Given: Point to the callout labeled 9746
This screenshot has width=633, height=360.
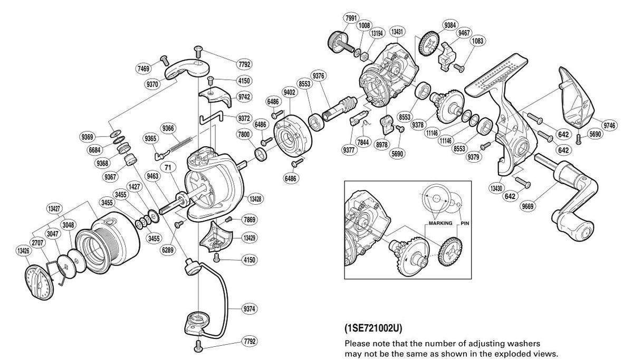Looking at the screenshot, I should coord(609,125).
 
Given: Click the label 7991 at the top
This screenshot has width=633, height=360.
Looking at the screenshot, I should coord(350,17).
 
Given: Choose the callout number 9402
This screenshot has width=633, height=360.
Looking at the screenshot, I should coord(289,92).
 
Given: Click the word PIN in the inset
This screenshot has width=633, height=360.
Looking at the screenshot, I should coord(465,223).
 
